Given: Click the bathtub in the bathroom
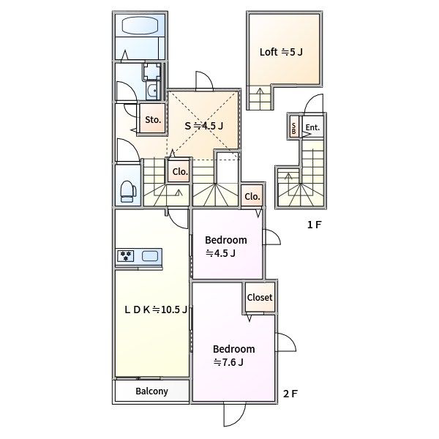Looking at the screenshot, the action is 140,26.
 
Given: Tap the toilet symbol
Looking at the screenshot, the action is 128,191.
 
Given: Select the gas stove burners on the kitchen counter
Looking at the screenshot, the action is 126,256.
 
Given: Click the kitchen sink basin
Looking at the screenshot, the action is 150,256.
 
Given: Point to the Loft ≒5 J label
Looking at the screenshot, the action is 281,52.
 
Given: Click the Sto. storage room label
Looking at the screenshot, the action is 153,120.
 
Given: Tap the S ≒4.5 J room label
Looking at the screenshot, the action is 204,126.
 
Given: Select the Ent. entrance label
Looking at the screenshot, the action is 312,127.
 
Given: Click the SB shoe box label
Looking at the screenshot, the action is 293,128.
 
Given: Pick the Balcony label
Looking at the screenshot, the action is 151,391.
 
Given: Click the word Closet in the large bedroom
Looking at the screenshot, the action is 260,297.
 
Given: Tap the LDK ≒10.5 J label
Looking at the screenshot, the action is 156,309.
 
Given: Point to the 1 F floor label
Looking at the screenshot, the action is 314,225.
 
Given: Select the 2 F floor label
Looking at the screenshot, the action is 290,394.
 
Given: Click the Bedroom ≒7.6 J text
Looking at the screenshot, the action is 234,356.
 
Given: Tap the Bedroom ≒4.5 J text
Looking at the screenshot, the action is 226,247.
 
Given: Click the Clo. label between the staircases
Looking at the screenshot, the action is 180,172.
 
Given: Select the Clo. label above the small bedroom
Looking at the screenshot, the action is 252,197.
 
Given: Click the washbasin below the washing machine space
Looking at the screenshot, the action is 153,90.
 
